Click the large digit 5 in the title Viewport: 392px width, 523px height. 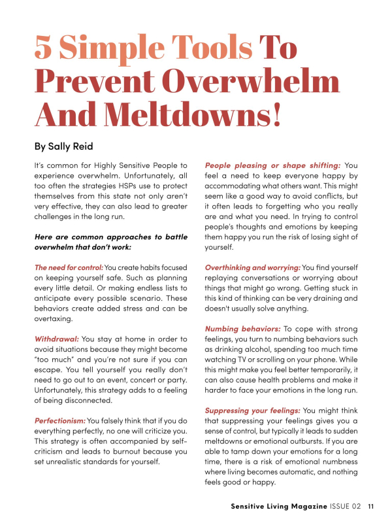[x=48, y=50]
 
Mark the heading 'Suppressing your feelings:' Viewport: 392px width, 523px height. [x=253, y=410]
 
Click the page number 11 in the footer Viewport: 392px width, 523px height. [x=370, y=506]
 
